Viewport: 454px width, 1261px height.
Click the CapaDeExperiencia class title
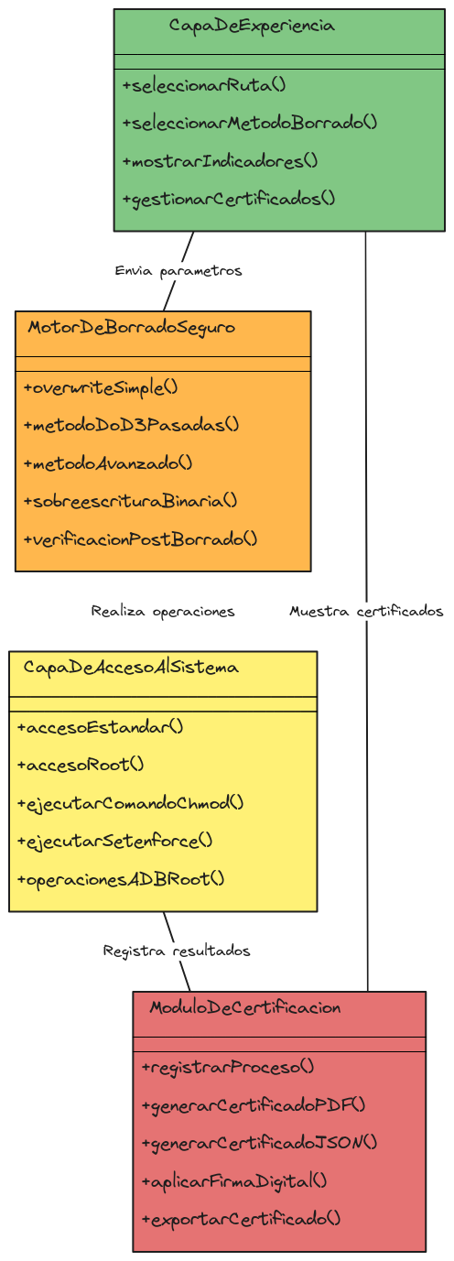pyautogui.click(x=252, y=26)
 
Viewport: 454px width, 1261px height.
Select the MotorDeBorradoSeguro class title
pyautogui.click(x=132, y=328)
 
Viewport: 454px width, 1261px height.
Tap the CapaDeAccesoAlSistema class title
pyautogui.click(x=131, y=668)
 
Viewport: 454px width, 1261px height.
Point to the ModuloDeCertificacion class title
pyautogui.click(x=245, y=1007)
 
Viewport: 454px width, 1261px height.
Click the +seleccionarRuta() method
pyautogui.click(x=204, y=85)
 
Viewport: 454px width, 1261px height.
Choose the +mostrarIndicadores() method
pyautogui.click(x=220, y=161)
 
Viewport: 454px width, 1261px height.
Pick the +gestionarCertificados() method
pyautogui.click(x=229, y=200)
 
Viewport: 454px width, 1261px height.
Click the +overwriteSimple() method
pyautogui.click(x=101, y=388)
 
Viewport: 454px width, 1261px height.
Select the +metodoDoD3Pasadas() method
pyautogui.click(x=131, y=425)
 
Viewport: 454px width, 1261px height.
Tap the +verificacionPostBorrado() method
pyautogui.click(x=140, y=539)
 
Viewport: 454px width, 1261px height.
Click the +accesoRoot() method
pyautogui.click(x=81, y=765)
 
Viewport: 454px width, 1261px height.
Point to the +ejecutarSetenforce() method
pyautogui.click(x=114, y=842)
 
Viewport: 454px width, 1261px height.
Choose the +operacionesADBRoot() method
pyautogui.click(x=121, y=879)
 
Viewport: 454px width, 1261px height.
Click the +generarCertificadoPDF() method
pyautogui.click(x=254, y=1105)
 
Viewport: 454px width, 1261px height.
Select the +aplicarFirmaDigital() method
pyautogui.click(x=234, y=1181)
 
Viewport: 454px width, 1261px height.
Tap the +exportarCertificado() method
pyautogui.click(x=242, y=1220)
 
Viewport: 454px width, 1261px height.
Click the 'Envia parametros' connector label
pyautogui.click(x=178, y=271)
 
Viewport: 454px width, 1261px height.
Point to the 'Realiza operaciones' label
pyautogui.click(x=163, y=612)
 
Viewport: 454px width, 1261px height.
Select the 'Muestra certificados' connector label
pyautogui.click(x=366, y=612)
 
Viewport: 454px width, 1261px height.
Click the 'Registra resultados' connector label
pyautogui.click(x=177, y=951)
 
